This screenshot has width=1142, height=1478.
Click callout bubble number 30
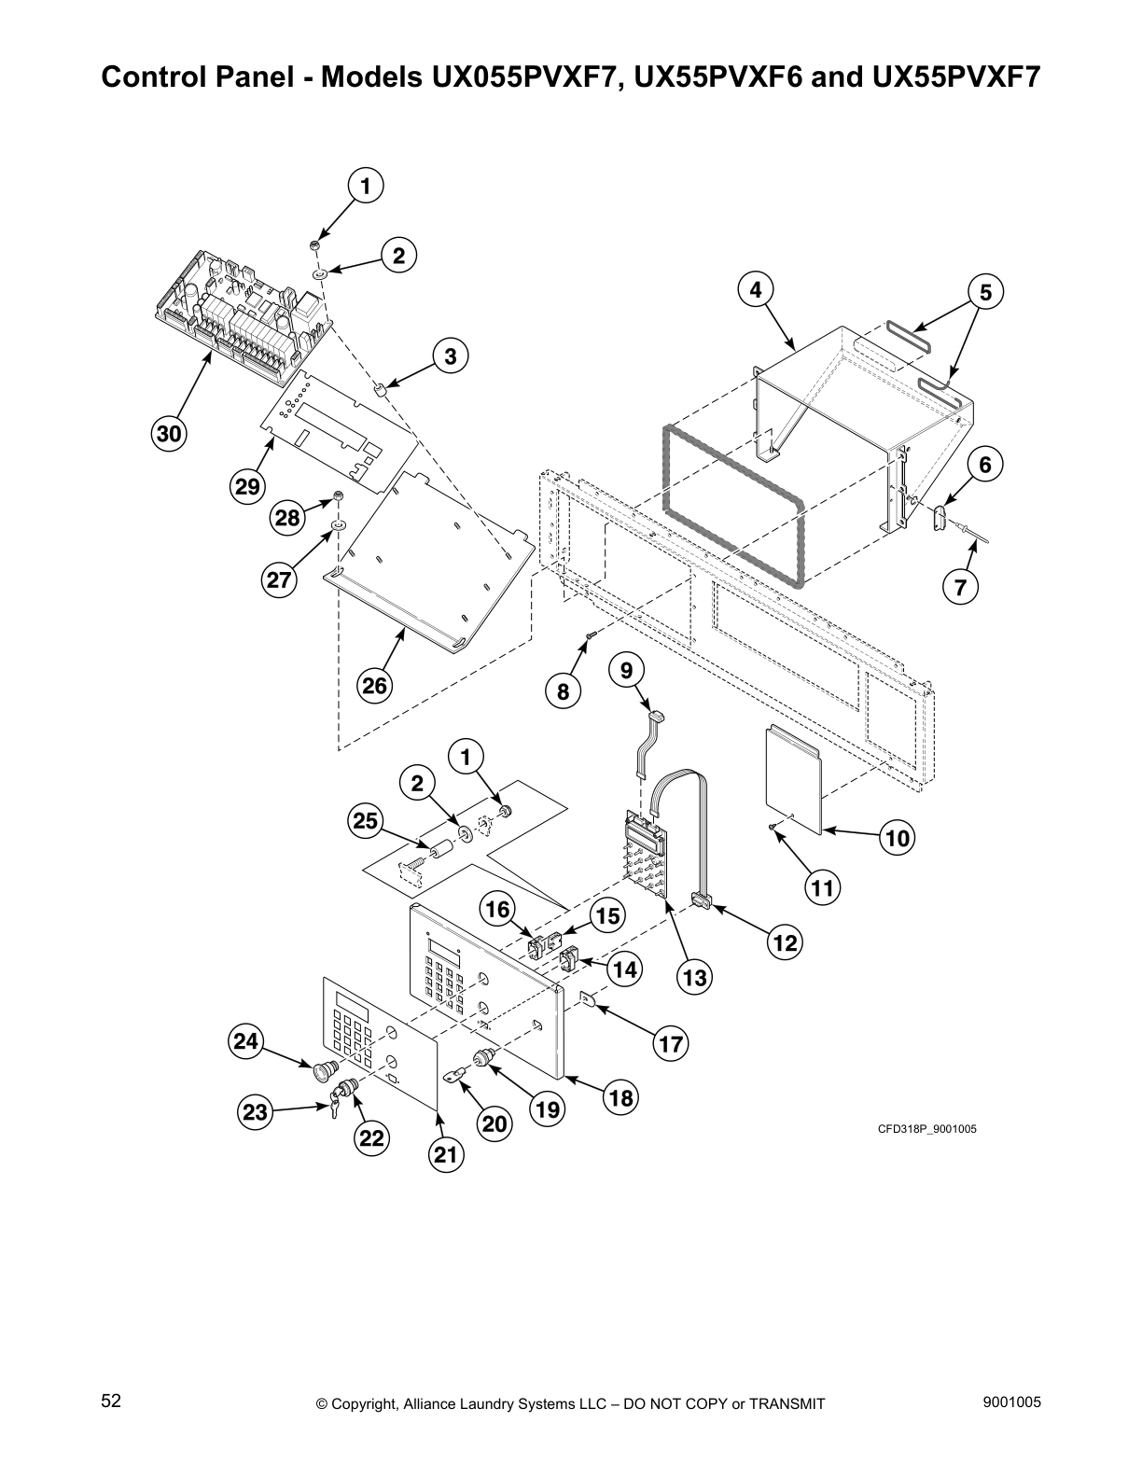pos(170,434)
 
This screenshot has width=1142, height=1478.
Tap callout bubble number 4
pos(756,290)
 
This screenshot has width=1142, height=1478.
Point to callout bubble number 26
pos(374,686)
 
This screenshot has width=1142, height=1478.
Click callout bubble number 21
pos(446,1154)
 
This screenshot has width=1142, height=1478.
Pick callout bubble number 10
pos(897,838)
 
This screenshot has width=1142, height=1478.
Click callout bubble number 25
pos(365,821)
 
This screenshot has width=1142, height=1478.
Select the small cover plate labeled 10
pos(793,779)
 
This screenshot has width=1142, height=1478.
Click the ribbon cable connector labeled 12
pos(701,900)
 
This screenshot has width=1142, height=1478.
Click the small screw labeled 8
pos(591,636)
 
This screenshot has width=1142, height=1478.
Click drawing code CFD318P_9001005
pos(926,1129)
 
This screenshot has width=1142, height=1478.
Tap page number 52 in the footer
pos(111,1401)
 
